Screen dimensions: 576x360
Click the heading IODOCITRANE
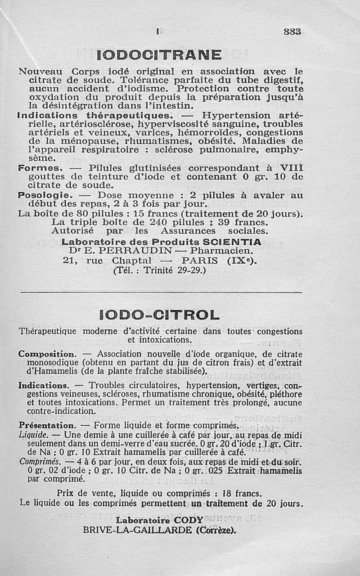point(159,55)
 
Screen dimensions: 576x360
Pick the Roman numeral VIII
point(291,168)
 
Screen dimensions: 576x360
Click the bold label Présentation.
point(46,425)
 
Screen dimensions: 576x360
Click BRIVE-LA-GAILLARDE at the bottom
point(137,530)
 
